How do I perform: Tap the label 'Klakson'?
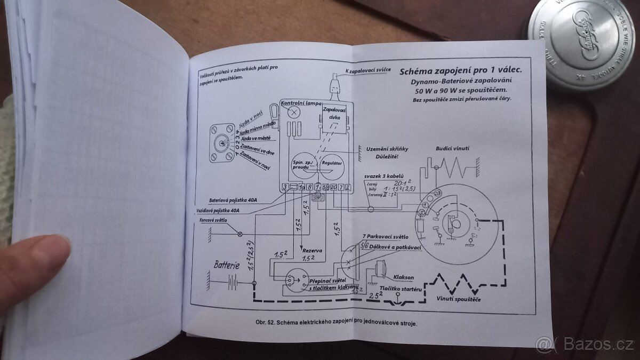403,278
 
